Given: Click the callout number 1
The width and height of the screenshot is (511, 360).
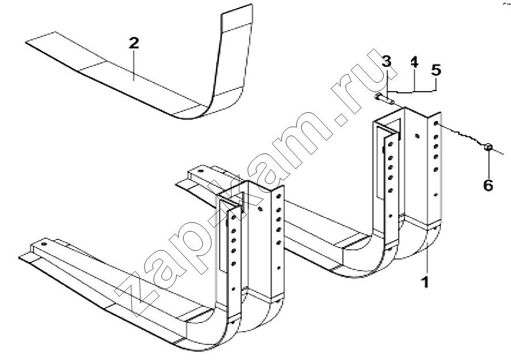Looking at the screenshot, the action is pyautogui.click(x=425, y=282).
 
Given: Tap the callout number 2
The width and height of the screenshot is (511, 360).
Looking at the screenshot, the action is pyautogui.click(x=134, y=43).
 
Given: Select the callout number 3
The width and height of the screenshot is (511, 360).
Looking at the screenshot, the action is pyautogui.click(x=387, y=62).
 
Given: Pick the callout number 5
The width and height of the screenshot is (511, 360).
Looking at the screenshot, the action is pyautogui.click(x=436, y=70).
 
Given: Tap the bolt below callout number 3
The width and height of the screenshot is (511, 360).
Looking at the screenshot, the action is pyautogui.click(x=385, y=99).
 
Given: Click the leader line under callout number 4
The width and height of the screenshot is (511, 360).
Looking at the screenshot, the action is pyautogui.click(x=414, y=92).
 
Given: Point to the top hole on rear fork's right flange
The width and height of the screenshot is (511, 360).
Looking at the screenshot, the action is pyautogui.click(x=436, y=123).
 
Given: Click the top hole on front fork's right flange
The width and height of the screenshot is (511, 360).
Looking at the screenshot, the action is pyautogui.click(x=278, y=197).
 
